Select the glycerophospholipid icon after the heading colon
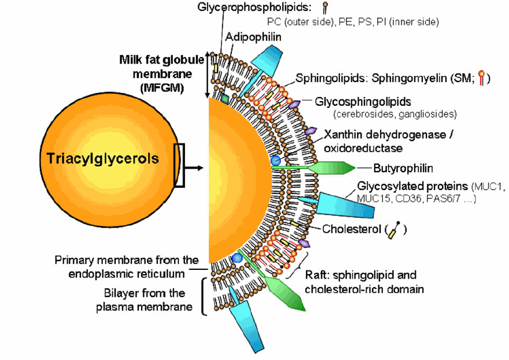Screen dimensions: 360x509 pyautogui.click(x=326, y=8)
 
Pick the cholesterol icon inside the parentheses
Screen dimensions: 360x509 pyautogui.click(x=396, y=229)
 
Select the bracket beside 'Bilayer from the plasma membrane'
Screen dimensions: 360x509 pyautogui.click(x=203, y=297)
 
